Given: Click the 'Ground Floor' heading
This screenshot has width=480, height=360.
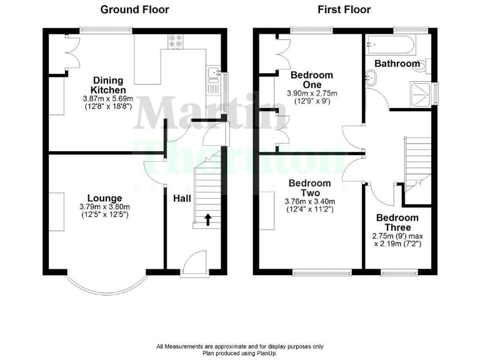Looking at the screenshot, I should (134, 9).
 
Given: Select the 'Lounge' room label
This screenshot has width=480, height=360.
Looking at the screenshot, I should (104, 198).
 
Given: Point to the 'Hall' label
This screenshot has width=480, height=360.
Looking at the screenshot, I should (182, 198).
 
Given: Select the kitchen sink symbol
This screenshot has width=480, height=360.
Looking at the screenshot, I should (214, 74).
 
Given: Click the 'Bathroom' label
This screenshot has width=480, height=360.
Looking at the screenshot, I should (397, 64).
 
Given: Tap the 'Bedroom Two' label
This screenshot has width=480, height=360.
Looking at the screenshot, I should (309, 188).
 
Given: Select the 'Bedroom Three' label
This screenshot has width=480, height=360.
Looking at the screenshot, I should (397, 223).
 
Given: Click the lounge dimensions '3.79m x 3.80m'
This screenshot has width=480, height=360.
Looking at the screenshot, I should (104, 207).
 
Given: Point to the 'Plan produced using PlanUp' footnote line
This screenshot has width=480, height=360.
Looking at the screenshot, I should (240, 352).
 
